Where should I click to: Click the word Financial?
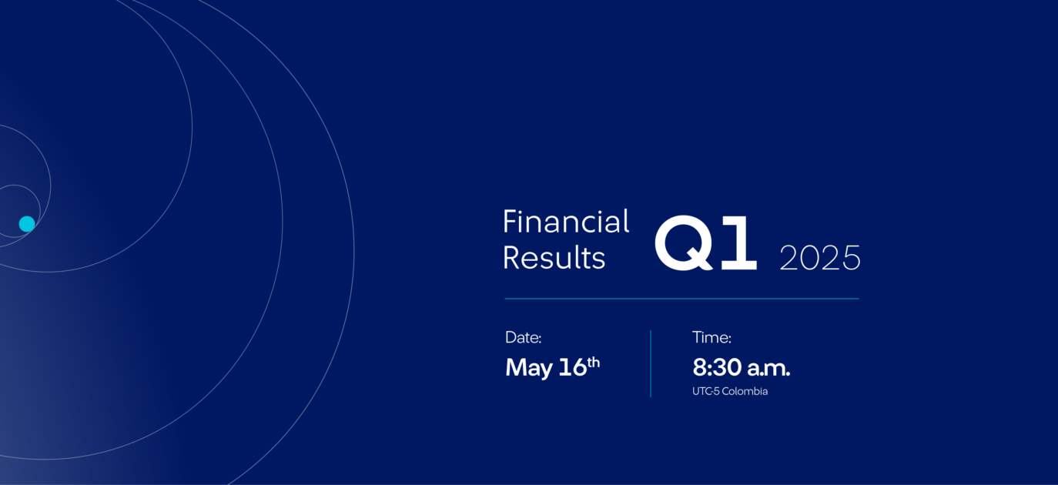[566, 221]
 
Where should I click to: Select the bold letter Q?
[684, 242]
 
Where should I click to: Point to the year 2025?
[820, 258]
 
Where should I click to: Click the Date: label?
[524, 337]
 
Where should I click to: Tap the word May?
[528, 368]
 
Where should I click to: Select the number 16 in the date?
[572, 367]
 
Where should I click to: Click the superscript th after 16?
[593, 363]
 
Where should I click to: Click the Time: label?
[711, 337]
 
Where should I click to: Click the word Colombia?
[745, 391]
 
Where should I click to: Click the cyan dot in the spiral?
[27, 224]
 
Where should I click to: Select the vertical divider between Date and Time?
[651, 363]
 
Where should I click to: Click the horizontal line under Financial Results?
[681, 299]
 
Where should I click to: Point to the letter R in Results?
[512, 258]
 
